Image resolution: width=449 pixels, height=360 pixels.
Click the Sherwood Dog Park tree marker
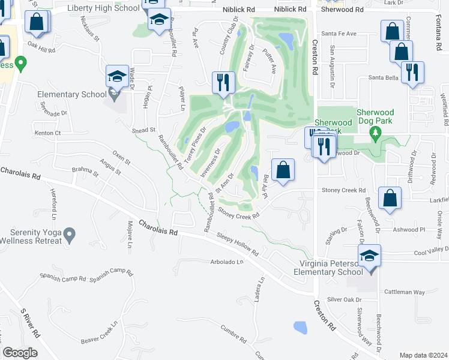point(376,131)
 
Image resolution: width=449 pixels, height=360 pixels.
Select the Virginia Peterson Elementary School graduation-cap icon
point(369,256)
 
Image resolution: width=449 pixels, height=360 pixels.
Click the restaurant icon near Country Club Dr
point(223,82)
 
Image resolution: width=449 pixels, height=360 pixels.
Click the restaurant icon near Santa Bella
point(412,73)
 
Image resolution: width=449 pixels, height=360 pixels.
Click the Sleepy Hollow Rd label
point(237,244)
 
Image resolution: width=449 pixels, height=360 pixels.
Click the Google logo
point(20,353)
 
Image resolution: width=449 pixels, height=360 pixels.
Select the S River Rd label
point(29,323)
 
